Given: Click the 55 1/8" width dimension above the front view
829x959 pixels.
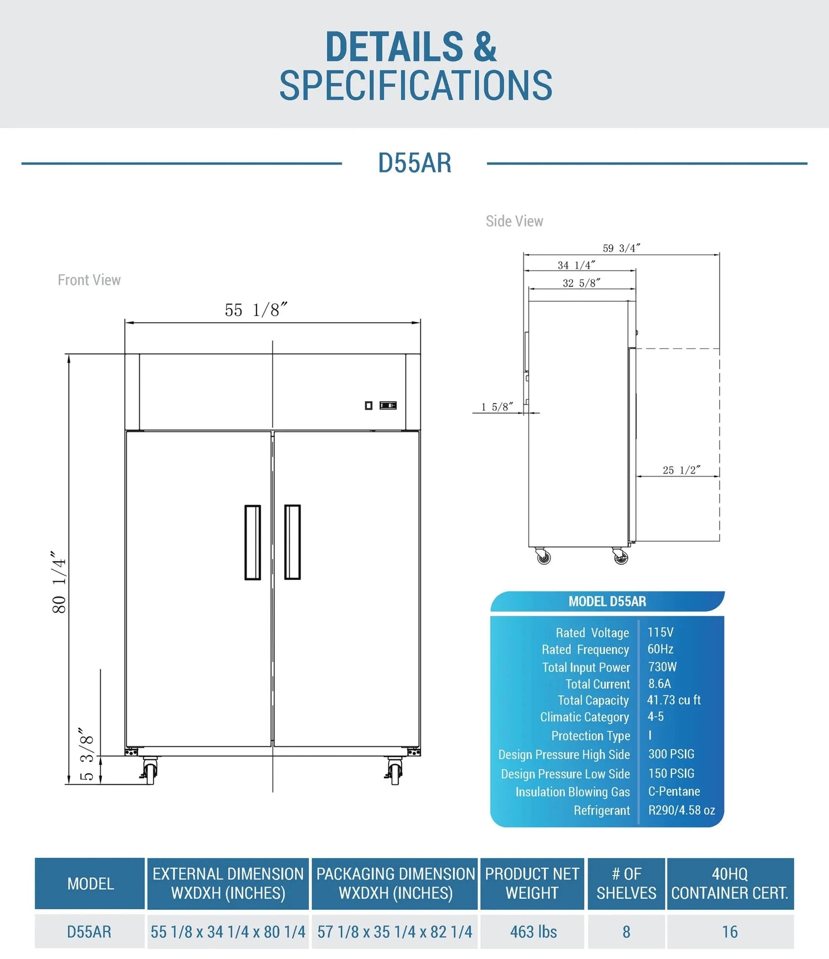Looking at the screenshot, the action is (x=256, y=310).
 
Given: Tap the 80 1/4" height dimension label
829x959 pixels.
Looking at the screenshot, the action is (x=59, y=581).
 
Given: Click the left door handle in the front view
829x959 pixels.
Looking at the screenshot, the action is (x=253, y=542).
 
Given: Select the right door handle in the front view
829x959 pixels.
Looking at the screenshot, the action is (x=292, y=542).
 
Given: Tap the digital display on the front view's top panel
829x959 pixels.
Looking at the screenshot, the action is (x=388, y=406).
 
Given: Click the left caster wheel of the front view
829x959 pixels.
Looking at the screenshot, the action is (x=149, y=771).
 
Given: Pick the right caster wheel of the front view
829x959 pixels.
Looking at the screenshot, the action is (x=394, y=771).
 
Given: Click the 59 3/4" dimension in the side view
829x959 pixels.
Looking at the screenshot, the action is (x=622, y=248).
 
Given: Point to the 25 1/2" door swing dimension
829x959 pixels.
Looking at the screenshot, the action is (x=681, y=470).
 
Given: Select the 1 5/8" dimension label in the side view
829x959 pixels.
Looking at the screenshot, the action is (x=497, y=407).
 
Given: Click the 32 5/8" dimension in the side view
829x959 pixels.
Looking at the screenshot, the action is (x=581, y=283).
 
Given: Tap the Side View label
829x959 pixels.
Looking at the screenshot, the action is (x=515, y=221).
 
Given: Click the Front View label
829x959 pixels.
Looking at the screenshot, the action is (x=89, y=280).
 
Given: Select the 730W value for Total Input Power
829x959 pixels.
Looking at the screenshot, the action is (x=663, y=667).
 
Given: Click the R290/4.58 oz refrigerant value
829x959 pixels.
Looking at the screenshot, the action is (x=681, y=810).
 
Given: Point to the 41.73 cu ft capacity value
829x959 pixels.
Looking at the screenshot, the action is (x=674, y=700).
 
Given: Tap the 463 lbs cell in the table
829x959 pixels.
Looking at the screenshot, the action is (x=533, y=932).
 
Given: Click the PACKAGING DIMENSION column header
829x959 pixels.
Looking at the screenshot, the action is (x=396, y=883).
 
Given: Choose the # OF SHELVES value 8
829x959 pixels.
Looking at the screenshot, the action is (x=626, y=932).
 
